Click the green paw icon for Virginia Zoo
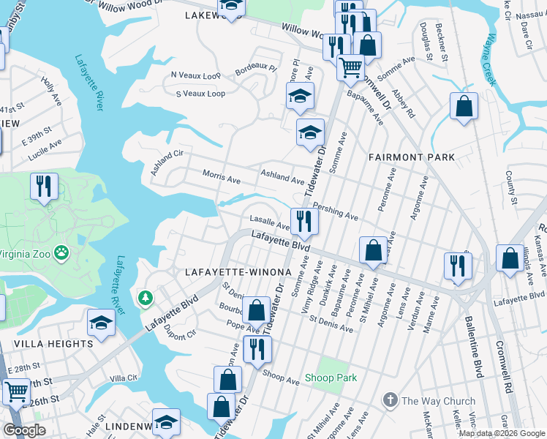(63, 255)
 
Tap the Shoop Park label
(337, 378)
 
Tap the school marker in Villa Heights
(101, 323)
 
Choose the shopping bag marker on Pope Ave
(256, 310)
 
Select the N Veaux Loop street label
(195, 75)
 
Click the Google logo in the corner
(24, 430)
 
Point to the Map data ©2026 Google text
(502, 433)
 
